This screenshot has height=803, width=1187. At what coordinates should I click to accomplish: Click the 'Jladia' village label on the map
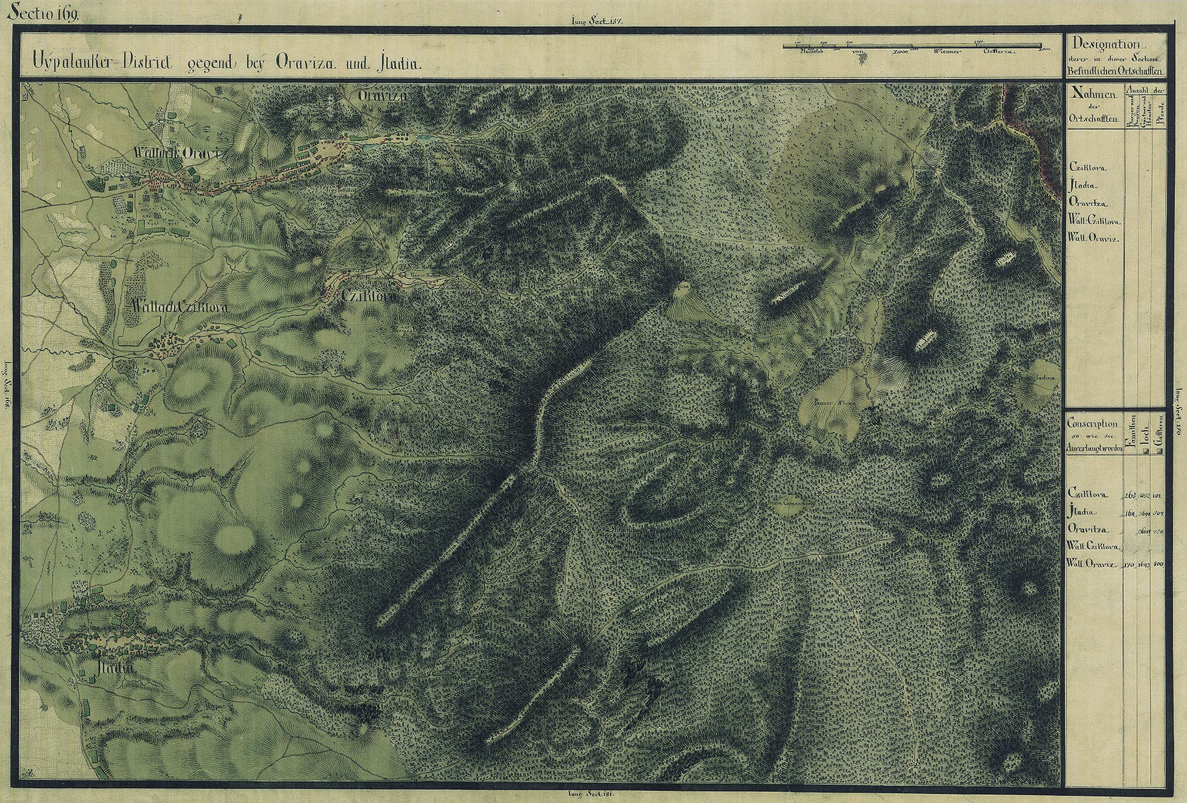117,668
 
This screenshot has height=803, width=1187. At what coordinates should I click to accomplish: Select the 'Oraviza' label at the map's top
382,96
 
